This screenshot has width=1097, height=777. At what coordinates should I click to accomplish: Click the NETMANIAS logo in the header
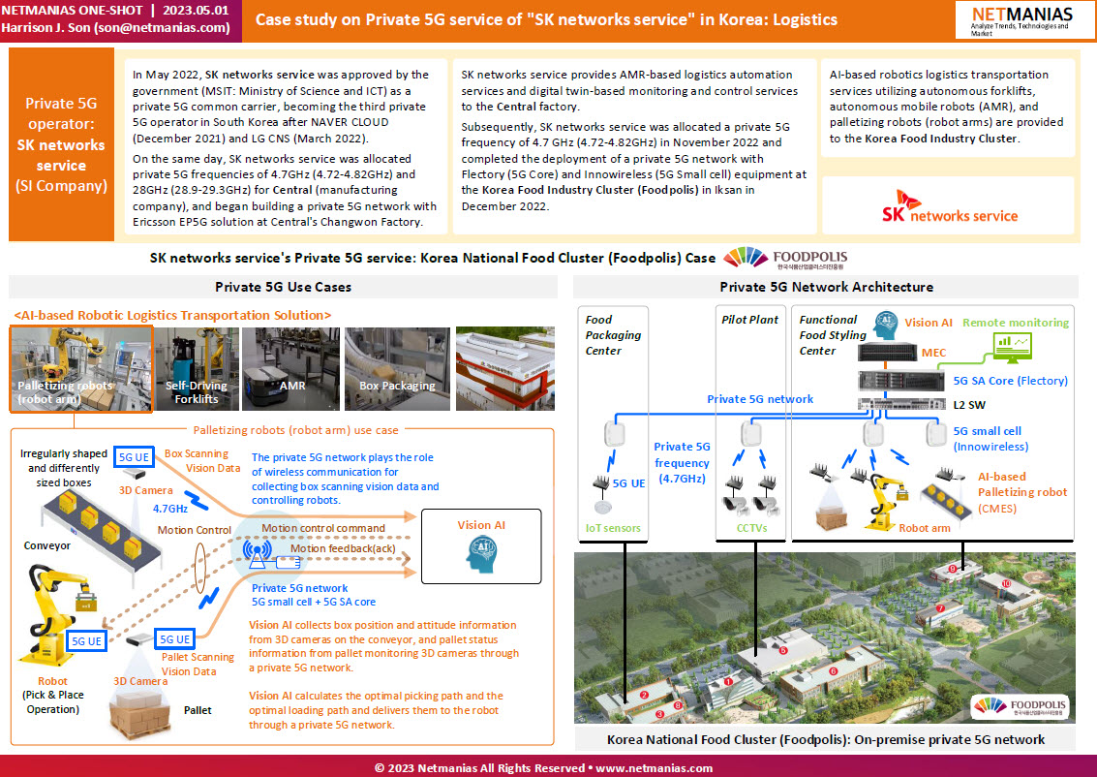coord(1022,20)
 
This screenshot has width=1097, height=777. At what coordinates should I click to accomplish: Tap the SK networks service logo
coord(950,206)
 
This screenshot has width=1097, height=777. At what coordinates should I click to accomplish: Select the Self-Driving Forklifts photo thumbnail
coord(197,369)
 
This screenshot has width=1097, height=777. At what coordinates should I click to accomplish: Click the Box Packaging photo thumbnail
coord(397,369)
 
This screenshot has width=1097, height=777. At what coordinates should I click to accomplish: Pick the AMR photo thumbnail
coord(291,369)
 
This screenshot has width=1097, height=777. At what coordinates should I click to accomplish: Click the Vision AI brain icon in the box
coord(481,555)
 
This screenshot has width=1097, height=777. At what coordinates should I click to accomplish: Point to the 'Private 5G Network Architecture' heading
coord(826,287)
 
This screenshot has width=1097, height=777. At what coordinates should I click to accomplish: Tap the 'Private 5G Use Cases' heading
coord(284,287)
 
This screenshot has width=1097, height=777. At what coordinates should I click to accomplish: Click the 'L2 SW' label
coord(969,405)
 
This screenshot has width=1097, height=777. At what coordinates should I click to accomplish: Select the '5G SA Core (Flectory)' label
coord(1010,381)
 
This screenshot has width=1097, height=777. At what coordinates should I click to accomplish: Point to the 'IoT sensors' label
coord(613,529)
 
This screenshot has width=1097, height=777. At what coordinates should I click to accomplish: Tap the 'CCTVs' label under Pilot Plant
coord(752,529)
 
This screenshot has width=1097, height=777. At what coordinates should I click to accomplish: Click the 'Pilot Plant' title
coord(749,320)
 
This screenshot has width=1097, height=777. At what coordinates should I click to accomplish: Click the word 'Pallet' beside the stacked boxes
coord(198,710)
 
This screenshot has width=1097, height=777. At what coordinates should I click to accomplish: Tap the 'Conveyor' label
coord(46,546)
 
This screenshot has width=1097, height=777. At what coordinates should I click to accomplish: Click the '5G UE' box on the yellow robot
coord(87,641)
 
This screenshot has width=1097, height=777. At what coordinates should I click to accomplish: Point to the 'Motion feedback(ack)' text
coord(343,548)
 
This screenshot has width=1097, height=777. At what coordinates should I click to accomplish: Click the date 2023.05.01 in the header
coord(196,11)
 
